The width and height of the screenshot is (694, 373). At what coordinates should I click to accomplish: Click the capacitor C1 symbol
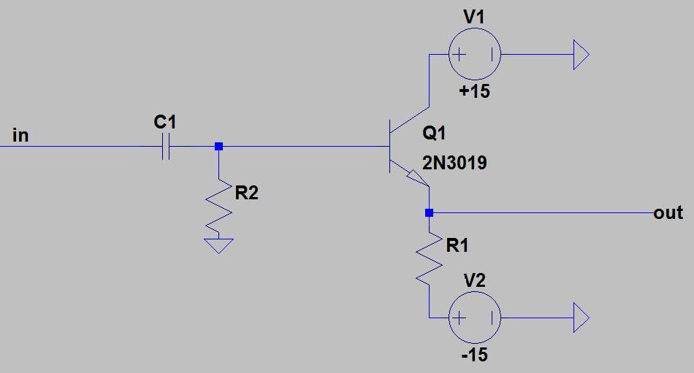pyautogui.click(x=166, y=147)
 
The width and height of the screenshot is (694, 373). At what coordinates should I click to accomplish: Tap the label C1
pyautogui.click(x=164, y=122)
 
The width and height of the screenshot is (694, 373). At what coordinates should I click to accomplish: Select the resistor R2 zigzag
pyautogui.click(x=218, y=207)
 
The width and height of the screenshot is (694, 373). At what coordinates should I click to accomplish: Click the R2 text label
pyautogui.click(x=246, y=193)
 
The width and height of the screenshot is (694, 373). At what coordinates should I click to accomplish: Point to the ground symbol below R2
pyautogui.click(x=218, y=245)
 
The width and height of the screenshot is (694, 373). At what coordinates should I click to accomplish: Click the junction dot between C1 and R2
pyautogui.click(x=218, y=147)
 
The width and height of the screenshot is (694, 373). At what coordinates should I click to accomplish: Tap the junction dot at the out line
pyautogui.click(x=429, y=213)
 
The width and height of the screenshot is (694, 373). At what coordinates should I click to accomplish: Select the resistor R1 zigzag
pyautogui.click(x=429, y=259)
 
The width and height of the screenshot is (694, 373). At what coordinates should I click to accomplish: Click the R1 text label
pyautogui.click(x=457, y=245)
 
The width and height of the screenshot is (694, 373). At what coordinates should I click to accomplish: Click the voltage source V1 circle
pyautogui.click(x=474, y=55)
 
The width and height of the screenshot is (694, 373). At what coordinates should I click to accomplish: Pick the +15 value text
pyautogui.click(x=474, y=91)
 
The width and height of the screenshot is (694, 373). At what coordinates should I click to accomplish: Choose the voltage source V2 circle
pyautogui.click(x=474, y=318)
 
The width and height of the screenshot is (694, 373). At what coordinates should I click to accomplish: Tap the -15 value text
pyautogui.click(x=474, y=355)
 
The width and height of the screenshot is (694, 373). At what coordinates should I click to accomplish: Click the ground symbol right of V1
pyautogui.click(x=581, y=55)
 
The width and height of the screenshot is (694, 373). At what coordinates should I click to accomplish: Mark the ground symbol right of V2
pyautogui.click(x=581, y=318)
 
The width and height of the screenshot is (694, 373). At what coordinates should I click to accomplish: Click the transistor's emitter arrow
pyautogui.click(x=417, y=177)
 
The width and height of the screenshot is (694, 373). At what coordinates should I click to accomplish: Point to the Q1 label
pyautogui.click(x=434, y=133)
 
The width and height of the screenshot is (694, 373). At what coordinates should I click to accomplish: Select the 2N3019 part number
pyautogui.click(x=454, y=164)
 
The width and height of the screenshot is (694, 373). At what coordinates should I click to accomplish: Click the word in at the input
pyautogui.click(x=20, y=135)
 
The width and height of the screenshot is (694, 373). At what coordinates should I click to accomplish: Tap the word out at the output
pyautogui.click(x=668, y=213)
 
